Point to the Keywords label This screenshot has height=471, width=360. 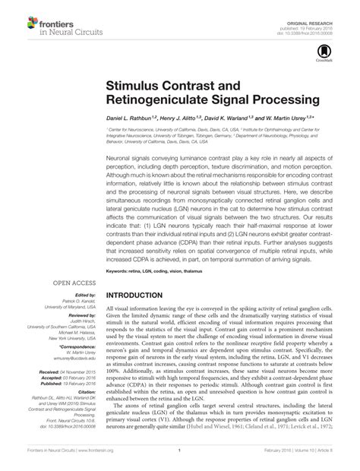click(119, 248)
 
